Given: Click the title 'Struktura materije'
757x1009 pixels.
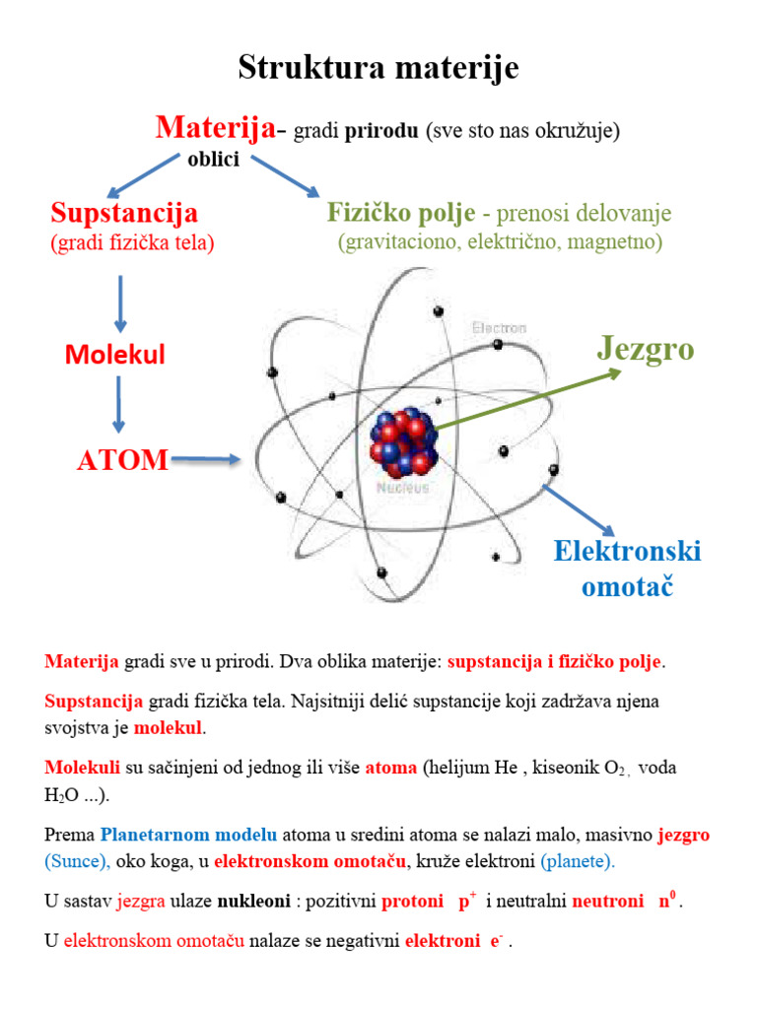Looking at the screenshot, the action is coord(378,68).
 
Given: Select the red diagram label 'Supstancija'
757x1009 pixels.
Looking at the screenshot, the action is coord(124,212).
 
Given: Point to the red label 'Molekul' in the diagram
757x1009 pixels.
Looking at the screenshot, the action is coord(115,354).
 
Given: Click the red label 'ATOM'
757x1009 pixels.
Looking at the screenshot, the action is coord(122,460).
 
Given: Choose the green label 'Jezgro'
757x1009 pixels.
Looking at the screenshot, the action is coord(646,348).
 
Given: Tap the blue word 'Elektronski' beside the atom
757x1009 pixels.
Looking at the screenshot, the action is coord(627,550).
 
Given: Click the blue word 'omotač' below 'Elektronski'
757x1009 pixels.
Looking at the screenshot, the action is coord(627,588).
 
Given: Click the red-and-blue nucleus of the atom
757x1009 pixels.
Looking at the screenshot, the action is coord(404,440).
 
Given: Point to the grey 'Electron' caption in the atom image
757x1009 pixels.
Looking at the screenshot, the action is coord(499,327).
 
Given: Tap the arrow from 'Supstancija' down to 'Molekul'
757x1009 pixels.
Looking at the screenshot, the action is coord(120,303).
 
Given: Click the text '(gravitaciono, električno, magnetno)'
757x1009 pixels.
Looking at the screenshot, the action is coord(499,241).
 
